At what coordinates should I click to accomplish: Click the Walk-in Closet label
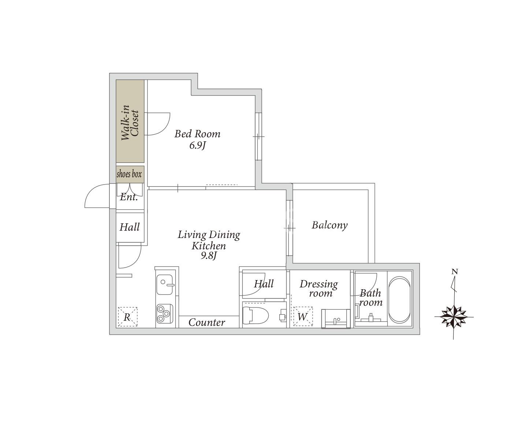click(130, 123)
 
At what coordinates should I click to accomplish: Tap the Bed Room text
click(197, 134)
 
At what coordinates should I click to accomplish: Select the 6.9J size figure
click(198, 145)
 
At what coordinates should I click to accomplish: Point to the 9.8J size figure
click(209, 256)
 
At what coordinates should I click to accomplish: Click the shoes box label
click(129, 174)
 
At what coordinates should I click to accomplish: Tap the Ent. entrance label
click(129, 197)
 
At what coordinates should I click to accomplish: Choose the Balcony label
click(329, 225)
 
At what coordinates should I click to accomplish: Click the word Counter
click(207, 323)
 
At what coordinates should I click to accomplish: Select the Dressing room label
click(319, 288)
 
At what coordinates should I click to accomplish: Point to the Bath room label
click(371, 298)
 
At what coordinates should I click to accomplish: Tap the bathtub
click(399, 300)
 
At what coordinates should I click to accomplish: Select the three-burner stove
click(164, 313)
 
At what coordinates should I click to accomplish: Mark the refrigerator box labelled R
click(128, 317)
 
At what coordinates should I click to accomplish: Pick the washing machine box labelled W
click(303, 316)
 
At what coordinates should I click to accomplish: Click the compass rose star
click(454, 317)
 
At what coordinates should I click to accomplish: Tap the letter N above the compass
click(454, 272)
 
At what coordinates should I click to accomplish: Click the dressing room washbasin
click(336, 319)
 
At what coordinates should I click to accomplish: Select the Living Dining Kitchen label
click(209, 240)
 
